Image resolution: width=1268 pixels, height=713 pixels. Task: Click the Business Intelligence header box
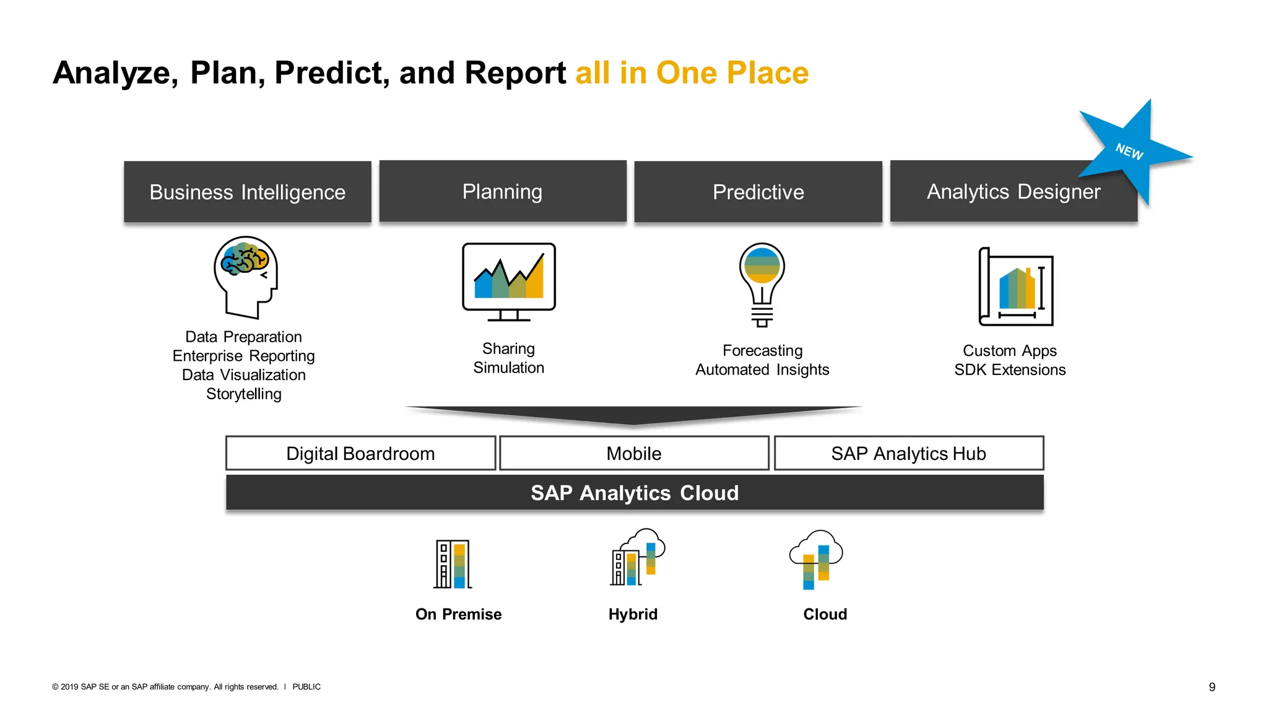(247, 192)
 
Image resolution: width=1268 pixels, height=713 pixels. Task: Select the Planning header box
(502, 191)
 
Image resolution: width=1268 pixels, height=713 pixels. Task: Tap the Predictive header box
(758, 192)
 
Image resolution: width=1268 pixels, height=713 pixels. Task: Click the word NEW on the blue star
(1129, 152)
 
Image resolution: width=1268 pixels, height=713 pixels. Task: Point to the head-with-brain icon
(246, 277)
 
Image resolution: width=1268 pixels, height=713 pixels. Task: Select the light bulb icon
(762, 283)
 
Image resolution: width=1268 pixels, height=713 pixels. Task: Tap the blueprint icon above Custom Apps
(1015, 287)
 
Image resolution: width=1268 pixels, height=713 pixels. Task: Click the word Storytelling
(243, 394)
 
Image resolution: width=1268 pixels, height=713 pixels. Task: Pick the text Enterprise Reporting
(243, 356)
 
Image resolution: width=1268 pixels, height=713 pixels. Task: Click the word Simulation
(508, 368)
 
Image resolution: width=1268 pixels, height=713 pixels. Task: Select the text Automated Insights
(762, 369)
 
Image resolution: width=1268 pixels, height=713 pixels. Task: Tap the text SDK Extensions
(1010, 369)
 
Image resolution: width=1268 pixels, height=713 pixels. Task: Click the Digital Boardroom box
(360, 454)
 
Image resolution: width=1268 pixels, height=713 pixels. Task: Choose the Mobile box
(634, 454)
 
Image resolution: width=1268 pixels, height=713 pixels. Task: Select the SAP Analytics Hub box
(908, 454)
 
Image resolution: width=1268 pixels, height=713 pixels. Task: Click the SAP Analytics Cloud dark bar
(635, 493)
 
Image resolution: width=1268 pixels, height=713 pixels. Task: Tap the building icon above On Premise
(453, 564)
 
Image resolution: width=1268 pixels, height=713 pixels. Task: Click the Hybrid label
(633, 614)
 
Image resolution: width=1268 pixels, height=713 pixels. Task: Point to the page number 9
(1212, 687)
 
